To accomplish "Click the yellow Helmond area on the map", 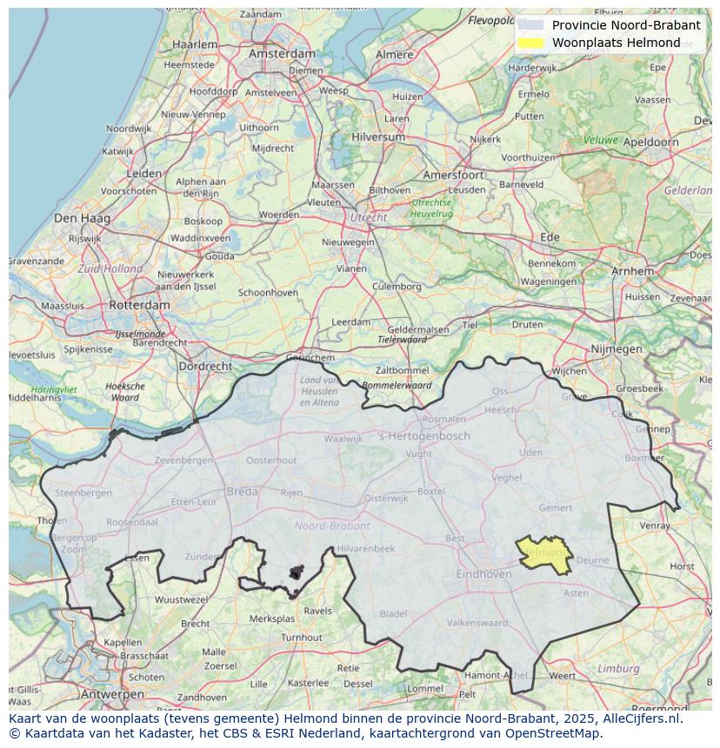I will (x=544, y=554).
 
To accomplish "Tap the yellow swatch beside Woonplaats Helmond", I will (x=530, y=43).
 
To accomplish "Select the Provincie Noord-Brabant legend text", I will (x=626, y=25).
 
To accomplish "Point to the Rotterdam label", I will (x=139, y=306).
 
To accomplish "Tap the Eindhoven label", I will (x=484, y=574).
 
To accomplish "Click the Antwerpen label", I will (x=112, y=694).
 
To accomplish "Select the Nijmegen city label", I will (x=616, y=349).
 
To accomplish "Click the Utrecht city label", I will (x=368, y=217).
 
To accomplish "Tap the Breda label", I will (x=242, y=492).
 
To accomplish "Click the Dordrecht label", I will (x=204, y=367).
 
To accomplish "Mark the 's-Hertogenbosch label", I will (x=423, y=436).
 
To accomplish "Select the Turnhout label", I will (x=301, y=637).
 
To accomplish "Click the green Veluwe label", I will (x=600, y=140).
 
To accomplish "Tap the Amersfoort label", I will (x=453, y=175).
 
